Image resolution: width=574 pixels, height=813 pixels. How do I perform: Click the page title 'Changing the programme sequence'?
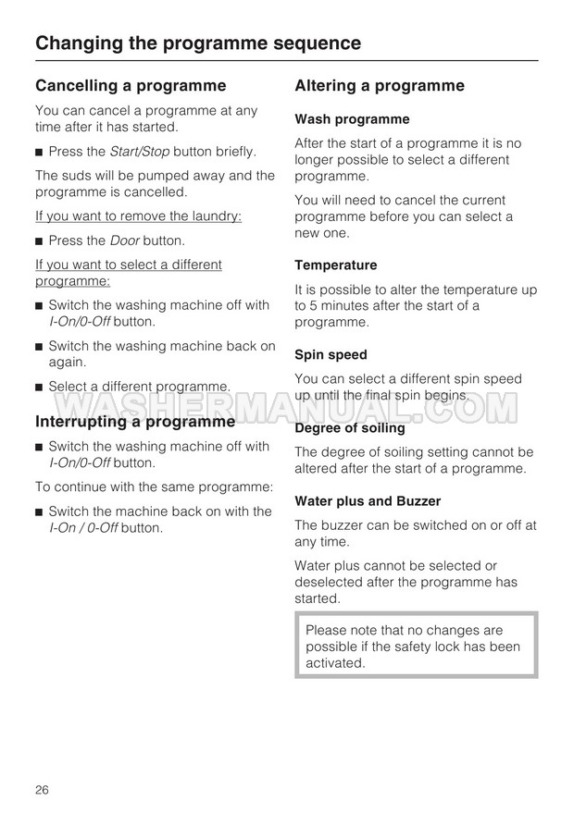click(197, 43)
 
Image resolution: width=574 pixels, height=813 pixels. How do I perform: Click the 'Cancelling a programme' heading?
click(131, 86)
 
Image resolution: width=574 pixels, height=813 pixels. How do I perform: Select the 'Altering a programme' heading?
click(380, 86)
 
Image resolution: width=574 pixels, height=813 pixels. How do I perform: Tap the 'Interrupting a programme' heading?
click(135, 422)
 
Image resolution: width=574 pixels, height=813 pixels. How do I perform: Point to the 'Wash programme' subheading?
click(352, 119)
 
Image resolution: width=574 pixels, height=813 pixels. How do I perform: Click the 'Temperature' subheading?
click(336, 265)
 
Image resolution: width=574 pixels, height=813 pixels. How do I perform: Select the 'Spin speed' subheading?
click(331, 354)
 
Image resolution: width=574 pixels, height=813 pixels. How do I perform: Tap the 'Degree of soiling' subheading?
click(350, 428)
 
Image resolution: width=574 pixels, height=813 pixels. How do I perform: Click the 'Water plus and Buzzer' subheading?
click(368, 501)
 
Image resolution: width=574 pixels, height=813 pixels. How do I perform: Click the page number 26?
click(43, 789)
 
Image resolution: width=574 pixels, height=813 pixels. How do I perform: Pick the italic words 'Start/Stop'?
click(140, 151)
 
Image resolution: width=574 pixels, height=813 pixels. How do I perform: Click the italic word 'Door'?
click(124, 240)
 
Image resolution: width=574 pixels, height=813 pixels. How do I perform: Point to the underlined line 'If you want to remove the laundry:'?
click(138, 216)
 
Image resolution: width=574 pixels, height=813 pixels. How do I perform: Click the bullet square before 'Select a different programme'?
click(39, 387)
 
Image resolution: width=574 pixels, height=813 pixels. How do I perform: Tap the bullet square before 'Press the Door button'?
click(39, 241)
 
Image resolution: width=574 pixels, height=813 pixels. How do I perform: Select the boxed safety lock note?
click(416, 646)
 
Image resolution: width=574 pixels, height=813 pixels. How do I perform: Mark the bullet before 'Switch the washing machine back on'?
click(39, 347)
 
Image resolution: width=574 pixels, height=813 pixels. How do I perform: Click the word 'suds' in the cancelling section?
click(77, 176)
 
